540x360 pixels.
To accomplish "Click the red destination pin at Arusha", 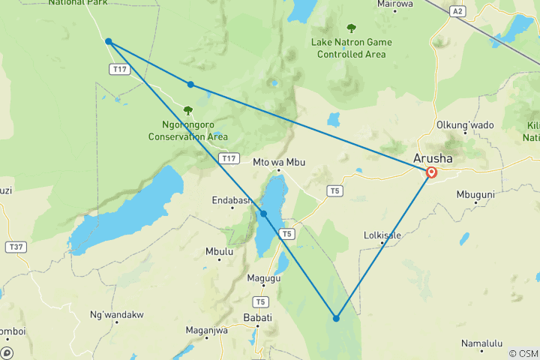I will point(432,172).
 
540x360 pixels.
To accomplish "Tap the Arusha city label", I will point(433,159).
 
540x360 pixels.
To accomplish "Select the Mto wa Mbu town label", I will point(280,161).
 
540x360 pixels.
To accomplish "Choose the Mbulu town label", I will point(219,251).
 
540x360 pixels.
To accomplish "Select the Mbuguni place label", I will point(475,194).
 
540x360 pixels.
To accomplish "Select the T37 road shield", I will point(14,246).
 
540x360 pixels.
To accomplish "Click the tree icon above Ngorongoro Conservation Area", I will point(187,110).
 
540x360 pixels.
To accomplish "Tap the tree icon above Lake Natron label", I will point(351,28).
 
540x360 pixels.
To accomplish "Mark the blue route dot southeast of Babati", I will point(336,319).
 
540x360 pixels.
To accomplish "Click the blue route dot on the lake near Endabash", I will point(263,214).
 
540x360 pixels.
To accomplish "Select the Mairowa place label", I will point(396,4).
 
